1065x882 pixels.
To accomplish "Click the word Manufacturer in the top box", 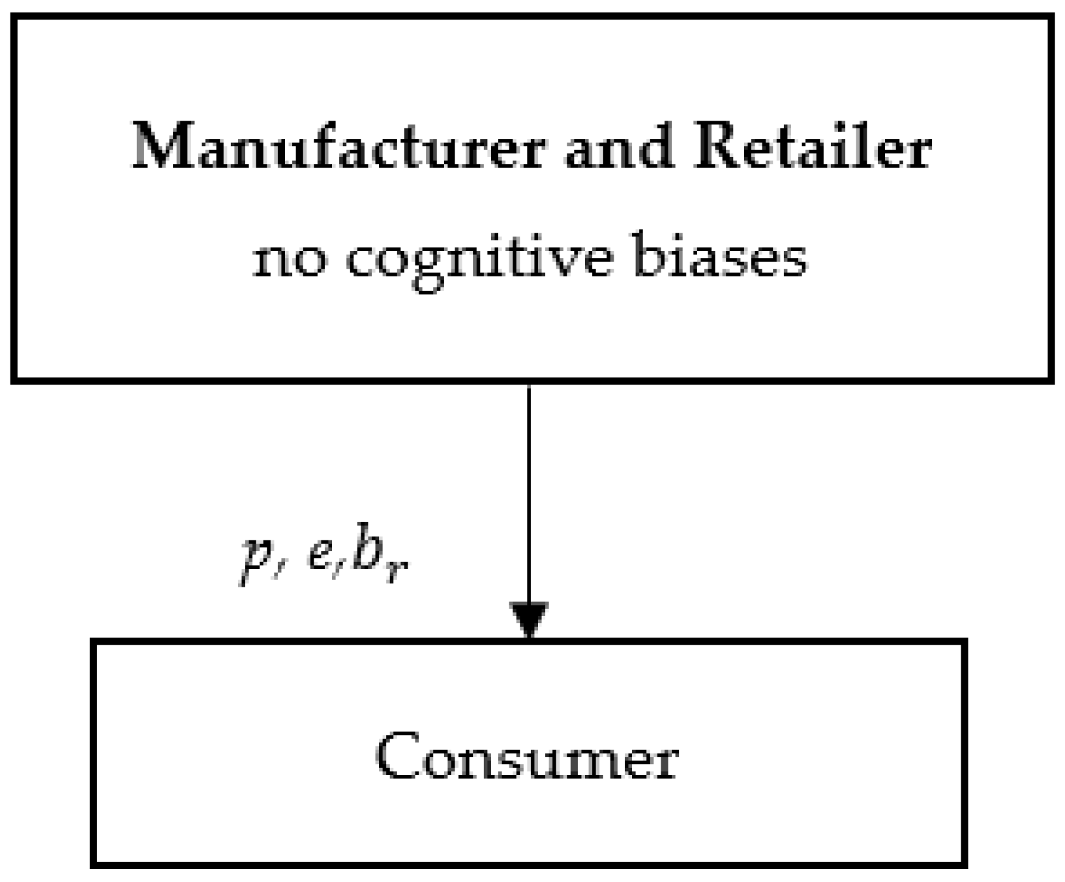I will coord(338,146).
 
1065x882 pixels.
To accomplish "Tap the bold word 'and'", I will coord(618,147).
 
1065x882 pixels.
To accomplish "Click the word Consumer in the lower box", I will coord(527,756).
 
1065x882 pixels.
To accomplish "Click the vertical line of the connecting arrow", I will coord(529,489).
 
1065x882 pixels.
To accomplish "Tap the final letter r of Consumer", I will coord(666,761).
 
